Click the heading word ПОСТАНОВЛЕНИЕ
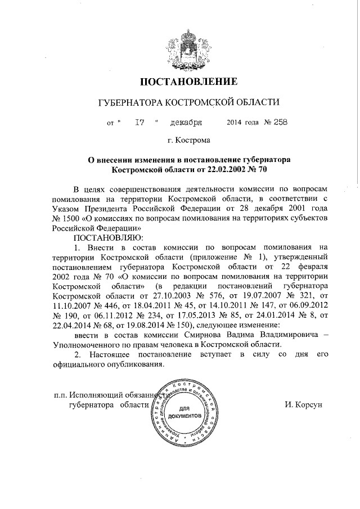click(181, 82)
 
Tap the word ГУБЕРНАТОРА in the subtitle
click(127, 103)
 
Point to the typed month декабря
click(187, 122)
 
